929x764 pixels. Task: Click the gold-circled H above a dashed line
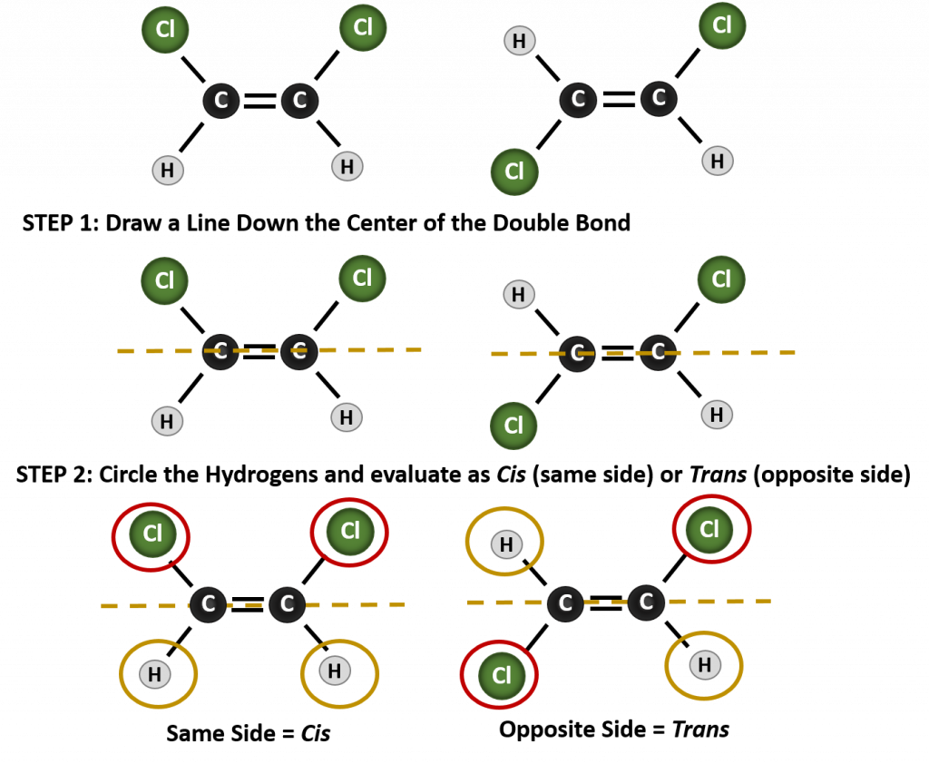505,544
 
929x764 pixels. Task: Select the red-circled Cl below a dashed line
501,675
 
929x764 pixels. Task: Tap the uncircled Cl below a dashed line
513,425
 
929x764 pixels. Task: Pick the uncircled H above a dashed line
519,294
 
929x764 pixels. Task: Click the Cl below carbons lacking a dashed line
513,171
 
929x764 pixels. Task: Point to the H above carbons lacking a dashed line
519,41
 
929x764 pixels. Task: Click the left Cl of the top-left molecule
165,30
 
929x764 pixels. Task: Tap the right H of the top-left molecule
347,166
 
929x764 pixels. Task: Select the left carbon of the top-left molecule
221,101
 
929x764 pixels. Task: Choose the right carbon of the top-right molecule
659,98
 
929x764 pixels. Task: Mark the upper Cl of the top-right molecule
722,25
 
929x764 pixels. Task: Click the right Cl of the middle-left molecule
362,278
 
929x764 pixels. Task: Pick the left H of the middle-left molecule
167,421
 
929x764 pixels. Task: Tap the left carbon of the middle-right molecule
577,353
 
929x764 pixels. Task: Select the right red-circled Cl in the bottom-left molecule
349,531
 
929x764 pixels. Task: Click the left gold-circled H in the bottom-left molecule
155,674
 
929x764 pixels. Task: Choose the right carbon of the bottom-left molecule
287,604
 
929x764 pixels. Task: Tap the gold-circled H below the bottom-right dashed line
704,665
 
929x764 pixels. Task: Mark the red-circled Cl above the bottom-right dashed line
709,529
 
